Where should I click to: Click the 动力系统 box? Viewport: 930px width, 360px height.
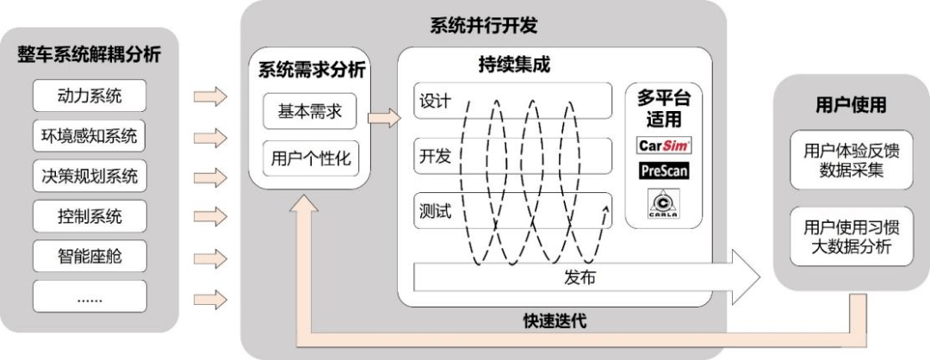coord(90,94)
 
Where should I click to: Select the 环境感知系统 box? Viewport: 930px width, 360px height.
coord(90,135)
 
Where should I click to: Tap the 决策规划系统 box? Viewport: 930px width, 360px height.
coord(90,176)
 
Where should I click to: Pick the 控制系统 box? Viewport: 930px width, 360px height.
coord(90,215)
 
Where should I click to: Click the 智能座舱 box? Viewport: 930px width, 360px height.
coord(90,256)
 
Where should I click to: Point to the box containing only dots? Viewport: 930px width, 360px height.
coord(90,297)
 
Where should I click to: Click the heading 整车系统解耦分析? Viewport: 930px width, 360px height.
coord(90,55)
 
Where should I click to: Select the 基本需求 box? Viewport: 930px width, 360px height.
coord(310,112)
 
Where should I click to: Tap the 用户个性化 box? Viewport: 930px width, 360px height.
coord(310,158)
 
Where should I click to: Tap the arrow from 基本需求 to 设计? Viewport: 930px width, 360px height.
coord(384,116)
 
